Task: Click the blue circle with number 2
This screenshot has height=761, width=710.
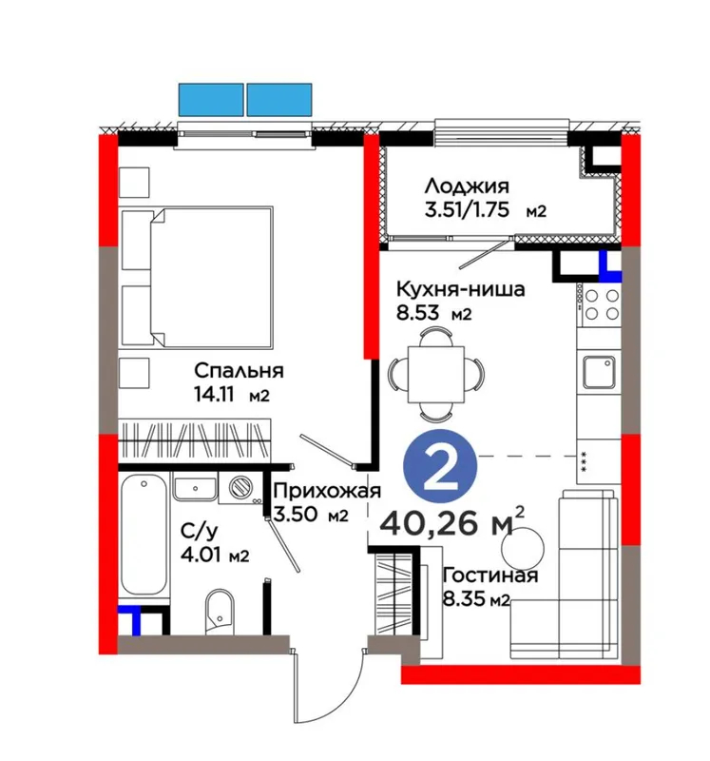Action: pyautogui.click(x=440, y=466)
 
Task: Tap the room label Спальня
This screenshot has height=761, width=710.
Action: pyautogui.click(x=239, y=371)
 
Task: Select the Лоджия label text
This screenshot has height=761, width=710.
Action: pyautogui.click(x=467, y=185)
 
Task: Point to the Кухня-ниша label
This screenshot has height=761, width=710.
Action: pyautogui.click(x=460, y=289)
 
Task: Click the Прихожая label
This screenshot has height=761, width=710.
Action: pyautogui.click(x=327, y=491)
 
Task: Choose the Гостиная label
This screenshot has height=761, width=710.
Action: pyautogui.click(x=490, y=576)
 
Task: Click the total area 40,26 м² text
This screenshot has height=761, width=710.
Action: pyautogui.click(x=453, y=523)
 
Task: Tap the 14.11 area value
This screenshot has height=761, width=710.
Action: pyautogui.click(x=214, y=395)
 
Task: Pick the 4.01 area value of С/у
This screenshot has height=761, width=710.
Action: pyautogui.click(x=201, y=555)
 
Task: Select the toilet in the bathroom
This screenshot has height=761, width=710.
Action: pyautogui.click(x=220, y=612)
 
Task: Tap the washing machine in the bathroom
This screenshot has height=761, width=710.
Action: pyautogui.click(x=241, y=488)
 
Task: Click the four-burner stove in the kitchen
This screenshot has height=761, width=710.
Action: pyautogui.click(x=599, y=303)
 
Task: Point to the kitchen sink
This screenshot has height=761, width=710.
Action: pyautogui.click(x=600, y=372)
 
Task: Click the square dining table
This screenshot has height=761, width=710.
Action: pyautogui.click(x=436, y=374)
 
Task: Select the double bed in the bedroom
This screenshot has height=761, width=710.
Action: pyautogui.click(x=212, y=277)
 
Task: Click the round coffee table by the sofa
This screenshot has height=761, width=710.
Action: pyautogui.click(x=523, y=548)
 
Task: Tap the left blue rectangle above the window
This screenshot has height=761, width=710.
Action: pyautogui.click(x=211, y=100)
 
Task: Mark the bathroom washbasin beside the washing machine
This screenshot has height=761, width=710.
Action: pyautogui.click(x=195, y=488)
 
